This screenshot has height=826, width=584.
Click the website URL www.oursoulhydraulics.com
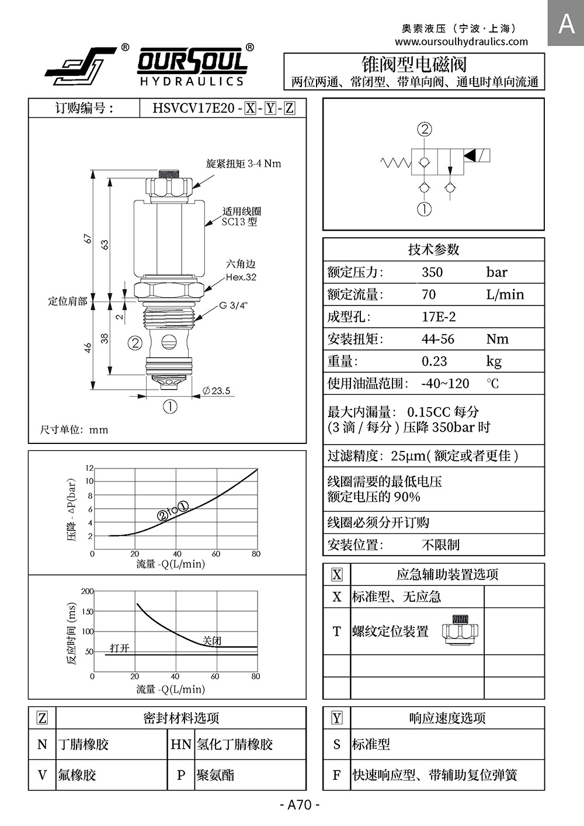click(461, 41)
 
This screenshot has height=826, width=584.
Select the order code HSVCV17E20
click(193, 108)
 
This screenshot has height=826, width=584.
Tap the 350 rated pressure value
click(432, 272)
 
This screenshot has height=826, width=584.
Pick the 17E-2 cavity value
click(439, 317)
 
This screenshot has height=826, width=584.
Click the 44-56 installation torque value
click(438, 339)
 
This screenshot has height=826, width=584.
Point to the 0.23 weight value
click(434, 361)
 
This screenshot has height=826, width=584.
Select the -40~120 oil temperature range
click(446, 383)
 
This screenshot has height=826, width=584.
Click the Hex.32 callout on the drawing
click(241, 277)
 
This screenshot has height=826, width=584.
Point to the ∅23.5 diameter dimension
click(217, 391)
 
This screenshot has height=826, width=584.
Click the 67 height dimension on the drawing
click(88, 238)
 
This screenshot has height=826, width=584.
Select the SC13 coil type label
click(239, 222)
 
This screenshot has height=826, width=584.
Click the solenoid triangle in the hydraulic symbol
click(470, 155)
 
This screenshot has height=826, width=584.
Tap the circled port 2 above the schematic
click(425, 129)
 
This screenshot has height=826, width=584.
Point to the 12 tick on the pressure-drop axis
click(89, 468)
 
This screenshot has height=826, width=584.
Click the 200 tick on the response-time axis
click(87, 591)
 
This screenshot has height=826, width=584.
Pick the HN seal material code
click(181, 744)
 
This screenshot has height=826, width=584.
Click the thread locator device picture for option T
click(460, 630)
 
